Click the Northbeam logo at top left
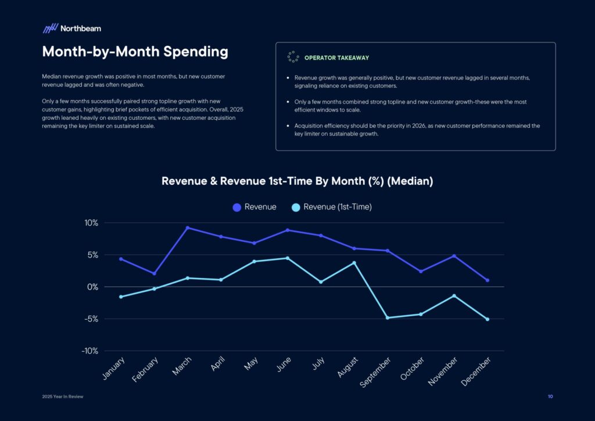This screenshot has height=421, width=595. [71, 28]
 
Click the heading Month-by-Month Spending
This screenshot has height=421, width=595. [135, 52]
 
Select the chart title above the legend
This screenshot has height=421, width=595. [297, 181]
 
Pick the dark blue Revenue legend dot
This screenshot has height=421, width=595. [236, 207]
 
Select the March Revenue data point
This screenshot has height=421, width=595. [188, 228]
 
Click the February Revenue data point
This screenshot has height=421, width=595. [154, 273]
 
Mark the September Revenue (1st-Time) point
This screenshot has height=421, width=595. [388, 317]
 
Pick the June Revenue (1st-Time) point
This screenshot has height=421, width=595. [288, 258]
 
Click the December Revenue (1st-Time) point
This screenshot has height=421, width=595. [487, 319]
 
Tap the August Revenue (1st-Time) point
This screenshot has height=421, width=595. [354, 263]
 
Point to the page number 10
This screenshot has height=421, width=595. [550, 397]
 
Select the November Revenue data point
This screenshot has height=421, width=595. [454, 256]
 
